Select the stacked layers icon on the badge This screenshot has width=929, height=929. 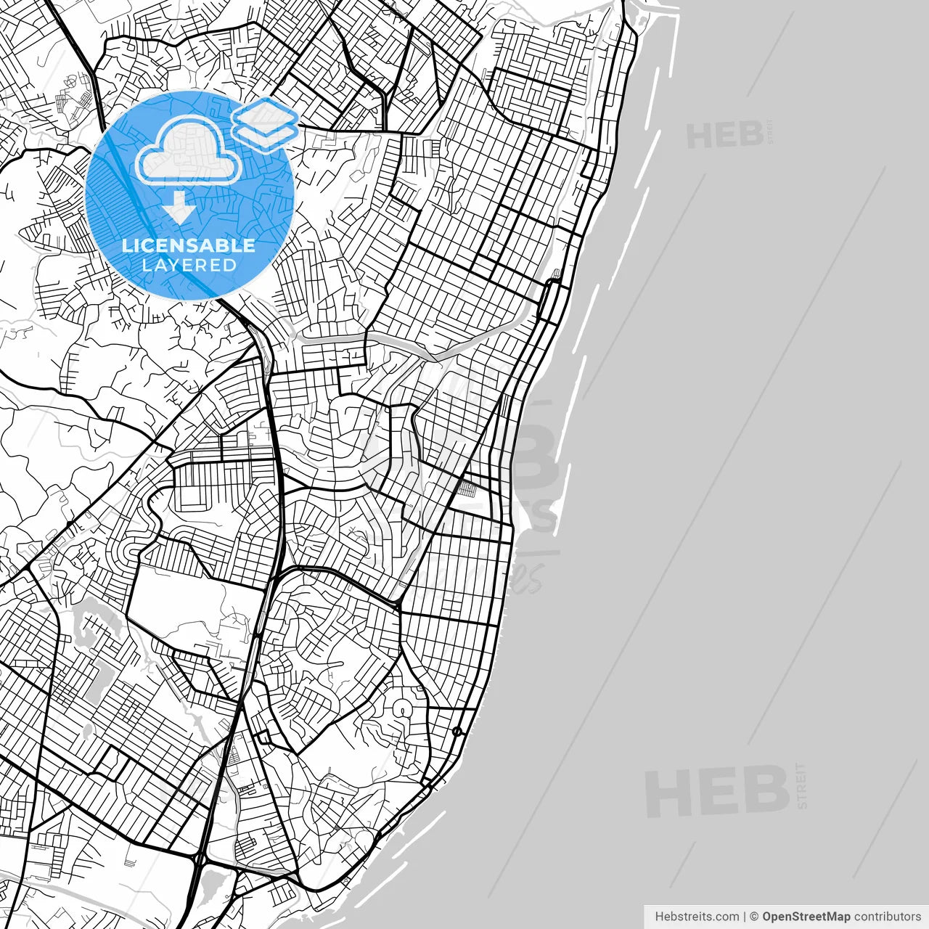266,123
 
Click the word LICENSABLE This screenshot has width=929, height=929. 189,245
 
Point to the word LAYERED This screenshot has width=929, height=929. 189,265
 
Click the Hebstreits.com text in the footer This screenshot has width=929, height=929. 697,917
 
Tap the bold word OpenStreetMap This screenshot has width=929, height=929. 806,917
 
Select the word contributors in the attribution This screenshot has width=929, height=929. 887,917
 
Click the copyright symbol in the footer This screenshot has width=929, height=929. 754,917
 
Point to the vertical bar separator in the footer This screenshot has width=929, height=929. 745,917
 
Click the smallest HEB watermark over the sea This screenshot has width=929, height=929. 724,135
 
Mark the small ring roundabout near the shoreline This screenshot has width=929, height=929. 457,731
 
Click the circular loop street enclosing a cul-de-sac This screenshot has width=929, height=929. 401,708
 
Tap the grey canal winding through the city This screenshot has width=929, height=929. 406,347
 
